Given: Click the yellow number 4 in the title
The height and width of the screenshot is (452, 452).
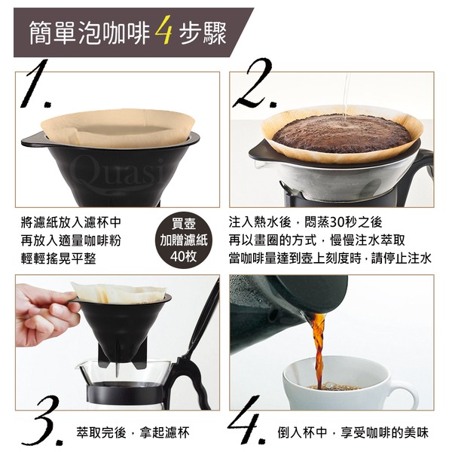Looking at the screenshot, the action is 163,31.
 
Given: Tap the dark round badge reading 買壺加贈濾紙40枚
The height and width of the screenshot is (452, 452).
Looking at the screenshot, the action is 184,240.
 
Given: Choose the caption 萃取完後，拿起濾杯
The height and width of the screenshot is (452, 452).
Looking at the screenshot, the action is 133,432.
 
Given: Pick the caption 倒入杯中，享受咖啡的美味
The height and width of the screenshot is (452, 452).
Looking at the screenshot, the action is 353,432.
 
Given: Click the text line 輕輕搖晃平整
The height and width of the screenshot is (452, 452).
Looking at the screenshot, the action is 59,258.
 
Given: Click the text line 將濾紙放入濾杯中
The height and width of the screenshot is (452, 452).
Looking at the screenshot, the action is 72,222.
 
